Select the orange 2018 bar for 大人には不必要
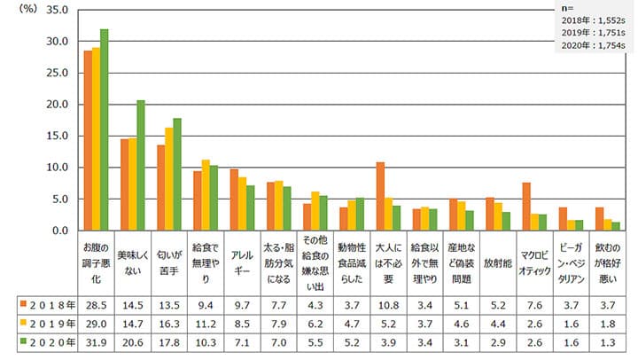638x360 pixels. point(379,196)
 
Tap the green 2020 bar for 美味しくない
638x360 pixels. point(141,165)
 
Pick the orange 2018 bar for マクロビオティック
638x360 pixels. point(526,207)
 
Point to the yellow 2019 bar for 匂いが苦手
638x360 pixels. point(168,179)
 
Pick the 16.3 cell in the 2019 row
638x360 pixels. point(168,322)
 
